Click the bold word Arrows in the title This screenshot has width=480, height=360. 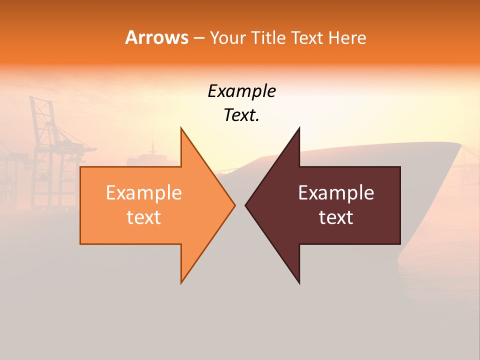(156, 37)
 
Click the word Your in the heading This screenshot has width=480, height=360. (228, 37)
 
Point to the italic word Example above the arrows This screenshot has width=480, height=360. (241, 91)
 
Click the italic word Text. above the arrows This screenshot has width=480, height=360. (241, 115)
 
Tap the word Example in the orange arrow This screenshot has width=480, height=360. (144, 193)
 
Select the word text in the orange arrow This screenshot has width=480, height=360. (144, 217)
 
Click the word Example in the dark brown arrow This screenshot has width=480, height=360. (336, 193)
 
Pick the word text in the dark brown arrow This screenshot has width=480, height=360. (336, 217)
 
